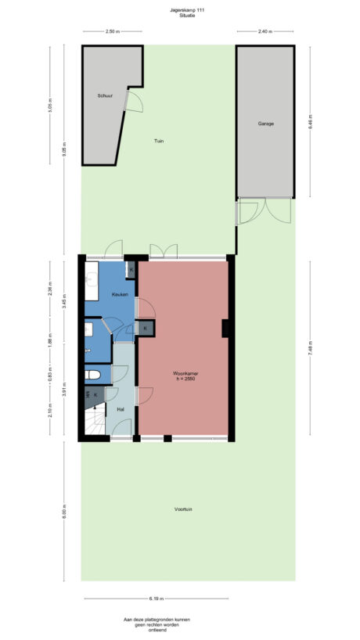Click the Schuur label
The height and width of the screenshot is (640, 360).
(x=105, y=95)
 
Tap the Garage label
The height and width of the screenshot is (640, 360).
(x=265, y=124)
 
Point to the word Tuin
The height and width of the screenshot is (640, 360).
(x=159, y=142)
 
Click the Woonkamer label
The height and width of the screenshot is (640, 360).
(x=185, y=374)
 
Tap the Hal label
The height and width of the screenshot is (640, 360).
(x=121, y=408)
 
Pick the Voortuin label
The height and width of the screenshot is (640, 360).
(x=184, y=510)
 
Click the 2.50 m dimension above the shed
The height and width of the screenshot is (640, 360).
(x=112, y=31)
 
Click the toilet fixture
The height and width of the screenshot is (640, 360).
(x=92, y=374)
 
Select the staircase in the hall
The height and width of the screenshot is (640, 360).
(x=94, y=422)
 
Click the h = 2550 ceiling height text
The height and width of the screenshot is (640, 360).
(x=185, y=380)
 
